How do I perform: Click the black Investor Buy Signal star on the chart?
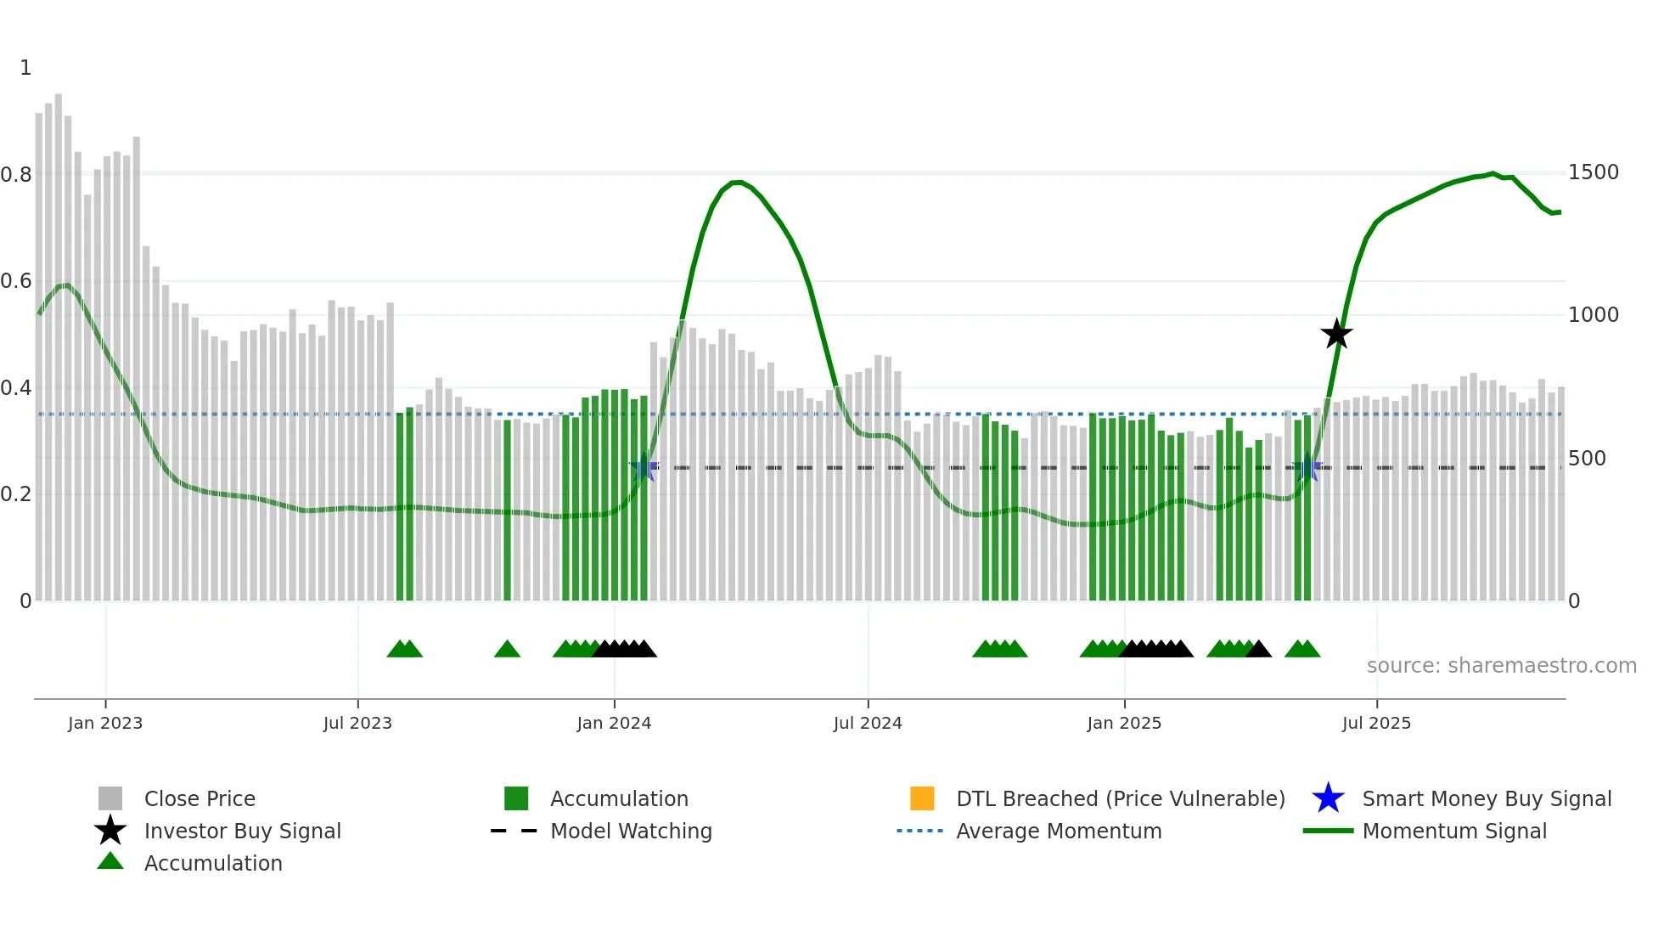[x=1336, y=334]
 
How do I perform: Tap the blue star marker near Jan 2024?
[x=644, y=467]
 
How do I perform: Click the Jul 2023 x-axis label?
[x=357, y=723]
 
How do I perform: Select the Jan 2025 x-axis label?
[x=1123, y=723]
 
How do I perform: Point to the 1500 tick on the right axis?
[x=1593, y=172]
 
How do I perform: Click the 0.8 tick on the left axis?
[x=17, y=175]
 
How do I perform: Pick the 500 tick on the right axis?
[x=1587, y=459]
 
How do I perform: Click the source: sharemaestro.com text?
[x=1501, y=666]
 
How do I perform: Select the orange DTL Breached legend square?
[x=922, y=798]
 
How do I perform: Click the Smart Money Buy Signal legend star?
[x=1328, y=798]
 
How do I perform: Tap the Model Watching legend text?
[x=631, y=831]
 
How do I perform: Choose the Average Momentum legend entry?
[x=1058, y=831]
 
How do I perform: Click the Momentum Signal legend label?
[x=1453, y=831]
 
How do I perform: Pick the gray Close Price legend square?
[x=110, y=798]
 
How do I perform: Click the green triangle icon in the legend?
[x=110, y=861]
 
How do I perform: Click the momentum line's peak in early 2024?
[x=737, y=182]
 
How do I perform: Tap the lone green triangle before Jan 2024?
[x=507, y=650]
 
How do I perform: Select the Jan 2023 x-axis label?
[x=105, y=723]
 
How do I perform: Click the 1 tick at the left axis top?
[x=25, y=68]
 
